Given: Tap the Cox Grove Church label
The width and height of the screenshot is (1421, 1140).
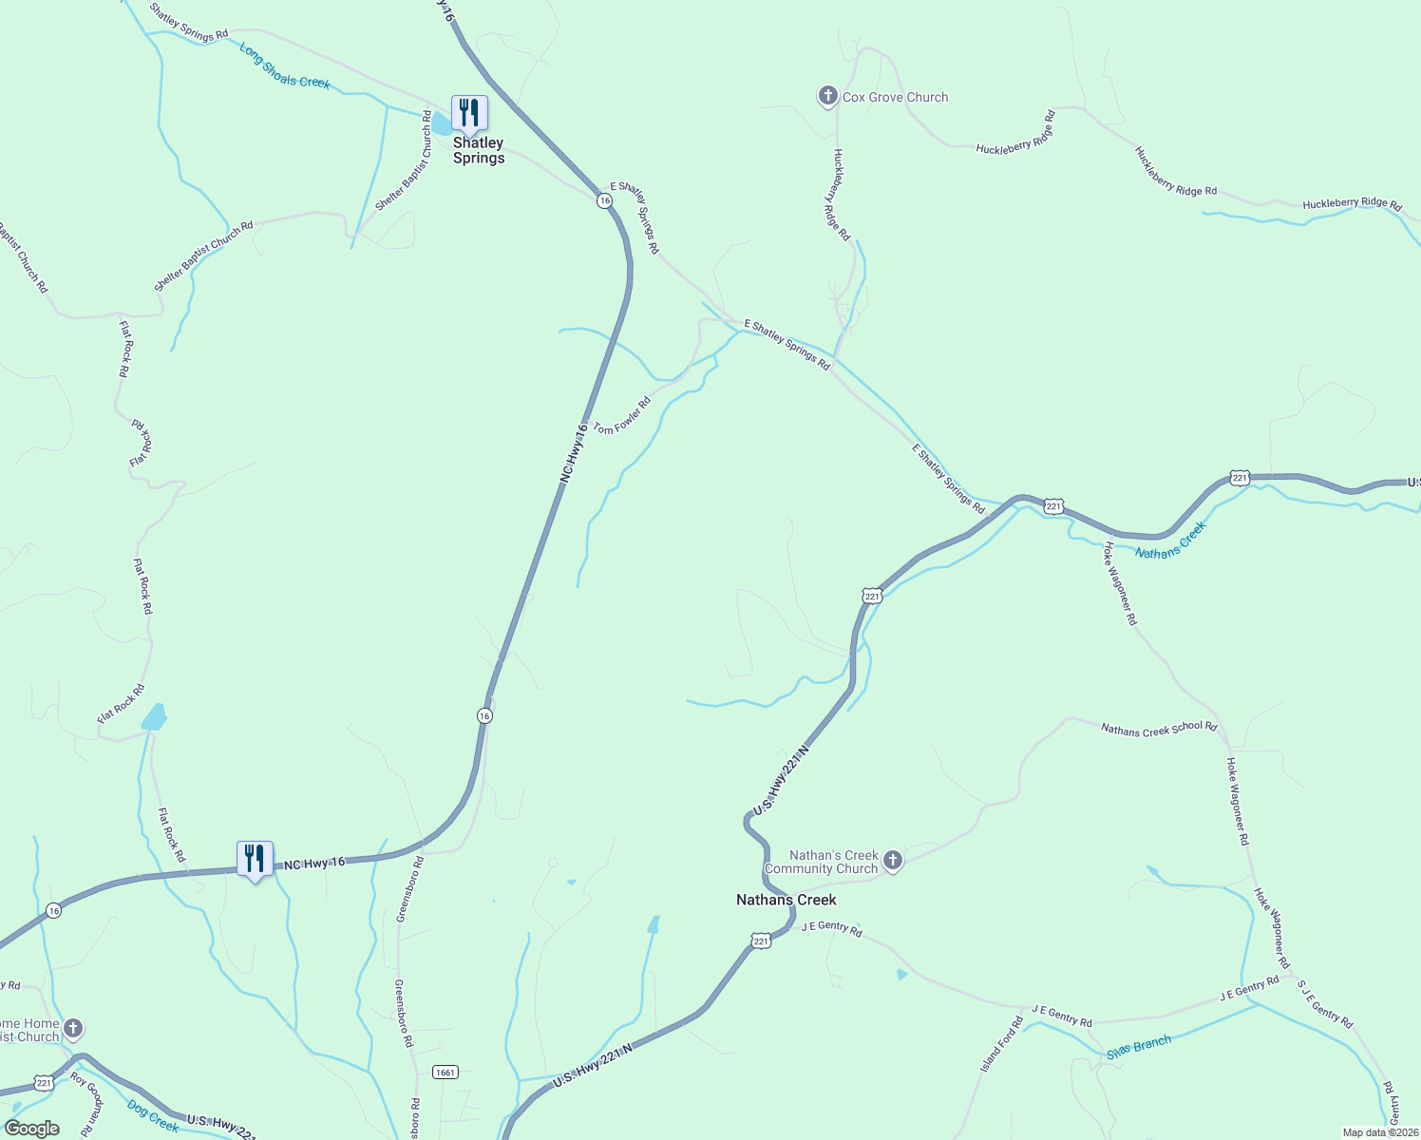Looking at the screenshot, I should [x=895, y=97].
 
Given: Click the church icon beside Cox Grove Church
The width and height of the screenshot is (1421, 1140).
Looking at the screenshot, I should [x=827, y=96].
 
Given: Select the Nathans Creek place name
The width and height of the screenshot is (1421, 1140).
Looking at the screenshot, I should [x=786, y=900].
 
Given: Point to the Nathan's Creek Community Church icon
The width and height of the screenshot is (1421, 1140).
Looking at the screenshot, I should [x=892, y=861].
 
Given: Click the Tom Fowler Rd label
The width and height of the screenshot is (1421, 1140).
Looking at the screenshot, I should [x=622, y=416].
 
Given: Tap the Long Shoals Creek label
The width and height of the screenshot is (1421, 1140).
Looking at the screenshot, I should [x=285, y=66].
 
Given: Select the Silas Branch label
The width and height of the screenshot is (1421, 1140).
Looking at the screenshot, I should [x=1139, y=1048].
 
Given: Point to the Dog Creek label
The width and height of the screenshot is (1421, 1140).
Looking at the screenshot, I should [x=152, y=1115].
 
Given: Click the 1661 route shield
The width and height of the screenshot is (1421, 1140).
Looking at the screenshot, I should [x=445, y=1072].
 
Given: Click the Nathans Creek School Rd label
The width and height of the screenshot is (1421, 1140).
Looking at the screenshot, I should [x=1159, y=729].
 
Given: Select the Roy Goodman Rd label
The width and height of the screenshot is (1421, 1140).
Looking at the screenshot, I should [x=86, y=1105].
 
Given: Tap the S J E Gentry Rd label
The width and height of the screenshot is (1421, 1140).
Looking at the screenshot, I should [x=1325, y=1003].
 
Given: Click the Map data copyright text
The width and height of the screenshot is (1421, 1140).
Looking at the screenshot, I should [x=1379, y=1132].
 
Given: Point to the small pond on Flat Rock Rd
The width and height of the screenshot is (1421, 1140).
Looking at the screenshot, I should [x=155, y=716].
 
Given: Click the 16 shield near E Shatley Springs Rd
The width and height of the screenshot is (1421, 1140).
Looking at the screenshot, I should [x=604, y=200].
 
